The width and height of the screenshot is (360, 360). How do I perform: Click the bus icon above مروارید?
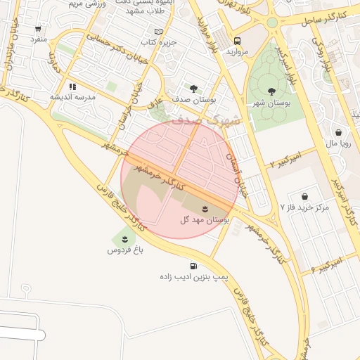coord(237,41)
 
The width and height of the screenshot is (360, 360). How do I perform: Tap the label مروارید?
coord(237,52)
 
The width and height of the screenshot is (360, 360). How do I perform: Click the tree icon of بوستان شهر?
coord(272,91)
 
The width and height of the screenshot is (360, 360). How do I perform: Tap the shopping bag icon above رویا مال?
coord(339,131)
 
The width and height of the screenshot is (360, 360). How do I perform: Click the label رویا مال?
coord(339,143)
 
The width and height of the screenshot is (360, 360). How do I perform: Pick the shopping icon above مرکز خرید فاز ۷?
coord(304,196)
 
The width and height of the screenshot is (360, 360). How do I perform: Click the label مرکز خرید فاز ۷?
coord(304,208)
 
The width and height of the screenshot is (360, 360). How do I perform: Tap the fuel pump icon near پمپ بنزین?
coord(193,266)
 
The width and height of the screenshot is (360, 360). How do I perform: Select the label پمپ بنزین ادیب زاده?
coord(193,278)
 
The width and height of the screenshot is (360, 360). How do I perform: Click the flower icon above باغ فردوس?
coord(124,239)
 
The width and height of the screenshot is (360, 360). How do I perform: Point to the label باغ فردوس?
coord(124,250)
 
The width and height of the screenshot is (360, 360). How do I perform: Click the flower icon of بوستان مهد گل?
coord(205,209)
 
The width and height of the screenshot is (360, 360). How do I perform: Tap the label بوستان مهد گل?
coord(205,221)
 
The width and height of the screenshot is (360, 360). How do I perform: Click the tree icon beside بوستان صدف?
coord(193,89)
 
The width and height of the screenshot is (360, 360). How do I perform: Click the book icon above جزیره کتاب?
coord(158,32)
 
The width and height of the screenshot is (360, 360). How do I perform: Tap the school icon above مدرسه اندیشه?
coord(72,87)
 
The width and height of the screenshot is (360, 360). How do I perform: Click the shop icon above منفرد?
coord(38,30)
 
